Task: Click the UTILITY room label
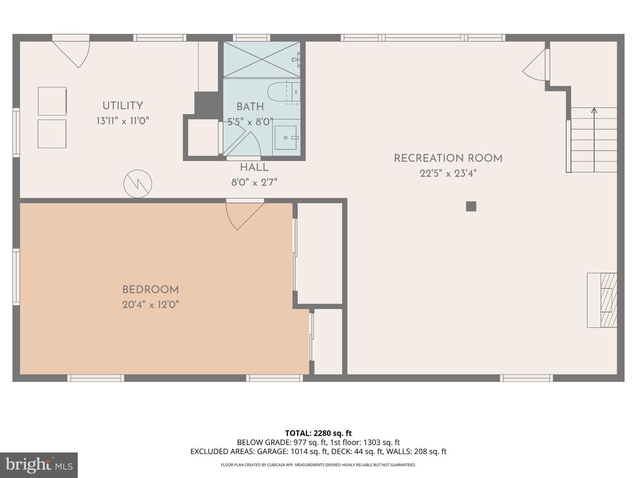[123, 106]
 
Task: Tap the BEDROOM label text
[150, 290]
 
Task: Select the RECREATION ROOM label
[448, 158]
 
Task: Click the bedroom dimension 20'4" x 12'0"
[150, 305]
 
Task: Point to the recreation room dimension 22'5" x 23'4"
[448, 173]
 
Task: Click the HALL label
[254, 168]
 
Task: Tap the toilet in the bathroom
[283, 92]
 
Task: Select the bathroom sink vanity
[286, 138]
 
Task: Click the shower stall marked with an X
[261, 59]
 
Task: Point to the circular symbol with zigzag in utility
[138, 184]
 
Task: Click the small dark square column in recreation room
[471, 206]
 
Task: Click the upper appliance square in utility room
[52, 101]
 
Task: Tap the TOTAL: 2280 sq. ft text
[318, 433]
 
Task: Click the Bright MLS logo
[39, 465]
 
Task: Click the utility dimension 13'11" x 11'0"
[123, 121]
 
